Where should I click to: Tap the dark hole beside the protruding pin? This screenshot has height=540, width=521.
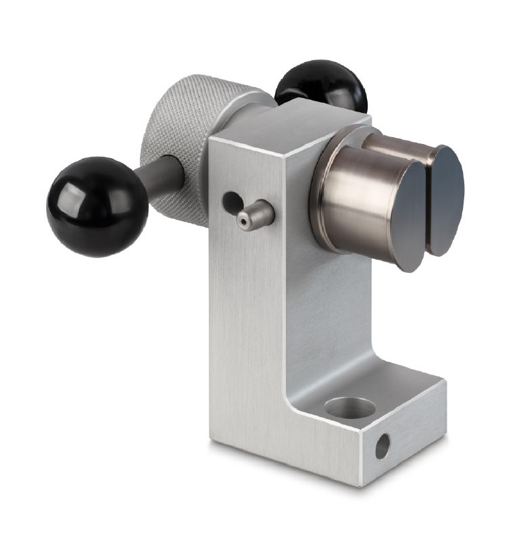tap(231, 200)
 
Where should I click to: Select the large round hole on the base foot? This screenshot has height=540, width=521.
tap(349, 408)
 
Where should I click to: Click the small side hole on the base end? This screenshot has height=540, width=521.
tap(382, 447)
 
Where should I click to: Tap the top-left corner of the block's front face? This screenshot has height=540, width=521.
tap(210, 139)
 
